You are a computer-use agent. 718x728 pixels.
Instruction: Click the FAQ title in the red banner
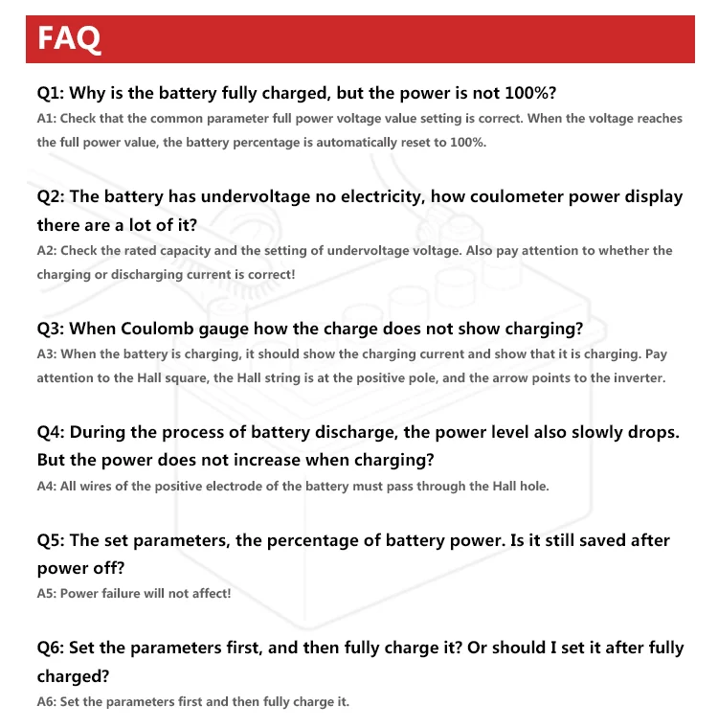[68, 38]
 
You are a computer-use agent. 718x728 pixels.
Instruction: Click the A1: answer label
[48, 119]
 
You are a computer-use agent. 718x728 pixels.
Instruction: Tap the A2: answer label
[48, 250]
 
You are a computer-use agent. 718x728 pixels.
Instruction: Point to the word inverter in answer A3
[637, 377]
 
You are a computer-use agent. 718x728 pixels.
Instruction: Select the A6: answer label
[48, 701]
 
